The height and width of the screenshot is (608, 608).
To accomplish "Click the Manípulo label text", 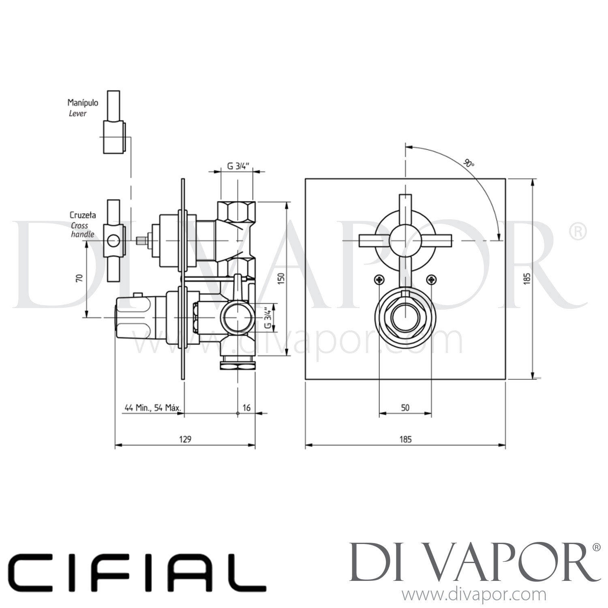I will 83,103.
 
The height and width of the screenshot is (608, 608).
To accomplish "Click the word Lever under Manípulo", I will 77,113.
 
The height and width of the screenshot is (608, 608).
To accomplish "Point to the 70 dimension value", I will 79,278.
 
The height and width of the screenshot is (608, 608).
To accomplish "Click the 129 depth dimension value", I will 185,439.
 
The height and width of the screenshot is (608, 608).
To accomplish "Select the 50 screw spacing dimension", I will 405,408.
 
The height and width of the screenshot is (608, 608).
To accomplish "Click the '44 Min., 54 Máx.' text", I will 152,408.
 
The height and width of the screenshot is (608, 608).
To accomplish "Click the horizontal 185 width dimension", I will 405,439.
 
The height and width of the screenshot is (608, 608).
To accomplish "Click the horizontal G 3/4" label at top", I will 237,165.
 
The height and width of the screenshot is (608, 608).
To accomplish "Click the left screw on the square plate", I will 379,279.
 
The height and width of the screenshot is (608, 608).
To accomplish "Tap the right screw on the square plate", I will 432,279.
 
